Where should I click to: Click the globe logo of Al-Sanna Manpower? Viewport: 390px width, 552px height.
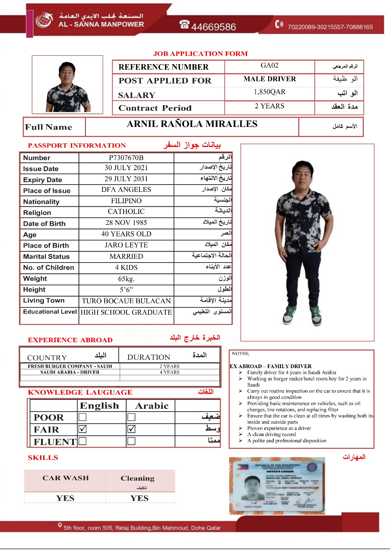44,20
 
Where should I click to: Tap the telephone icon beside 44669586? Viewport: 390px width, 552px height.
184,25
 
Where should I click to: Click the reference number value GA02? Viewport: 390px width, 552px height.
269,66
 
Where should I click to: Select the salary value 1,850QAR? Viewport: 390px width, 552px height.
270,92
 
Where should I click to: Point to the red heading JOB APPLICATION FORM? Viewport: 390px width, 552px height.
201,54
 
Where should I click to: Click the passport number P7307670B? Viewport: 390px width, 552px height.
126,158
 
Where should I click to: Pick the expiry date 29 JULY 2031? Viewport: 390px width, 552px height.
126,179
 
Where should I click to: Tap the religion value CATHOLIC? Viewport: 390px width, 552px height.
126,211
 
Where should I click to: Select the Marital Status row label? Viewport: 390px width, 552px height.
46,257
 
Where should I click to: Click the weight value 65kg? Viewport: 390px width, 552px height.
126,279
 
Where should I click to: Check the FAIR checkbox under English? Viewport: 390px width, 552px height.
82,429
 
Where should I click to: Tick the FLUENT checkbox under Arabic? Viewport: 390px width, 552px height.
131,441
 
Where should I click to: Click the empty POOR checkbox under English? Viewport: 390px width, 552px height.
82,417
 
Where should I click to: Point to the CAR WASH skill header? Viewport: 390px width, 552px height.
66,478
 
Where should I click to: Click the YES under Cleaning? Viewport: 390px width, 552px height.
139,498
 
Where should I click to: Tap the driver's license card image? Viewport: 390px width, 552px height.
277,486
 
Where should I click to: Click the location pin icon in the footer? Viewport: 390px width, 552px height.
60,525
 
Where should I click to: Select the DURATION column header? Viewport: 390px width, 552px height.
148,357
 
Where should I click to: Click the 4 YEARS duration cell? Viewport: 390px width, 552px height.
169,372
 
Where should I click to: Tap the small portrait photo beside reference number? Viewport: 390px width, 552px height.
68,85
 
